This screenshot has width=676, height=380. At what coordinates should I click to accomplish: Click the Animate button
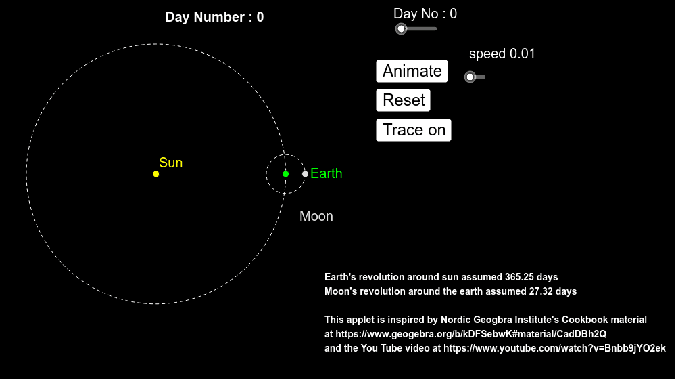(412, 71)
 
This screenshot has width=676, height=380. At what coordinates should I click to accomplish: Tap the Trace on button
(414, 130)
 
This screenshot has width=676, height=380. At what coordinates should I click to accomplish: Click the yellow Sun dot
(156, 174)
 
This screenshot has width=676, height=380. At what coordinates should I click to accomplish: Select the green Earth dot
(286, 174)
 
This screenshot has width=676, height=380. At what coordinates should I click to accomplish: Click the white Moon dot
(306, 174)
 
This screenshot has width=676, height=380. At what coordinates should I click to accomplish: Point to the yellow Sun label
(171, 163)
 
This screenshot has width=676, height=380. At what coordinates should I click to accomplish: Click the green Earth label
(327, 173)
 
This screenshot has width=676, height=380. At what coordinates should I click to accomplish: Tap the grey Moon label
(316, 216)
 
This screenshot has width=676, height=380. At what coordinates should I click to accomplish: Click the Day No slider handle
(401, 29)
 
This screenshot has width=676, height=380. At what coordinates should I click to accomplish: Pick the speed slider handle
(470, 77)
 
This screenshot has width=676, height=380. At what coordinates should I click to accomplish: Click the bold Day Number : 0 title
(214, 18)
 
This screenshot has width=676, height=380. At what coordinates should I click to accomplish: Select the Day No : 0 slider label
(425, 14)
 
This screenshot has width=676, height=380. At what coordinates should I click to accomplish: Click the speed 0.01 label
(502, 54)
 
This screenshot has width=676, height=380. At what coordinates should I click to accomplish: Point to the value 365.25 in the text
(520, 277)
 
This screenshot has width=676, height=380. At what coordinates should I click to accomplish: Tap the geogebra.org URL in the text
(471, 334)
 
